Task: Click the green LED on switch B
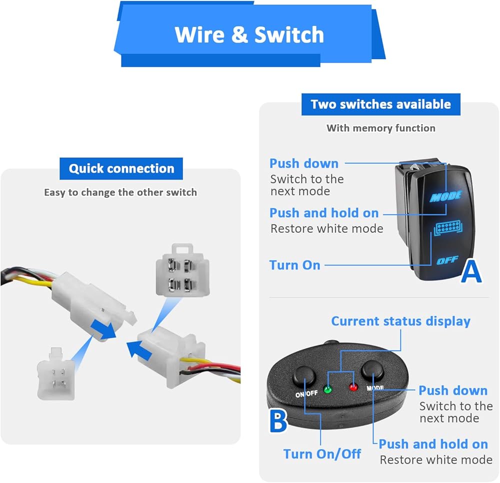tap(327, 389)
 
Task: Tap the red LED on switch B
tap(353, 387)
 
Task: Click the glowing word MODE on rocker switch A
tap(446, 196)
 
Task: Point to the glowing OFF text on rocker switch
tap(447, 260)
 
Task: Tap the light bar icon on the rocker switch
tap(448, 227)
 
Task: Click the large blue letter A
tap(471, 271)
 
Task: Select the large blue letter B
tap(278, 421)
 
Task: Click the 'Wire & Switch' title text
tap(249, 34)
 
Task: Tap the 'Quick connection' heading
tap(121, 168)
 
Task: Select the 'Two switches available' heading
tap(380, 104)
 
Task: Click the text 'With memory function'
tap(380, 128)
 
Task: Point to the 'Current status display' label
tap(401, 321)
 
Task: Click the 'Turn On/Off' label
tap(322, 453)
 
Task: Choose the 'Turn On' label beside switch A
tap(294, 265)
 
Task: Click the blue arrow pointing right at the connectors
tap(103, 329)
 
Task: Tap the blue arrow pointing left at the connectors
tap(138, 349)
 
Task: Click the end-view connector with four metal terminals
tap(182, 270)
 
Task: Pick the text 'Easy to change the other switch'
tap(120, 192)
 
